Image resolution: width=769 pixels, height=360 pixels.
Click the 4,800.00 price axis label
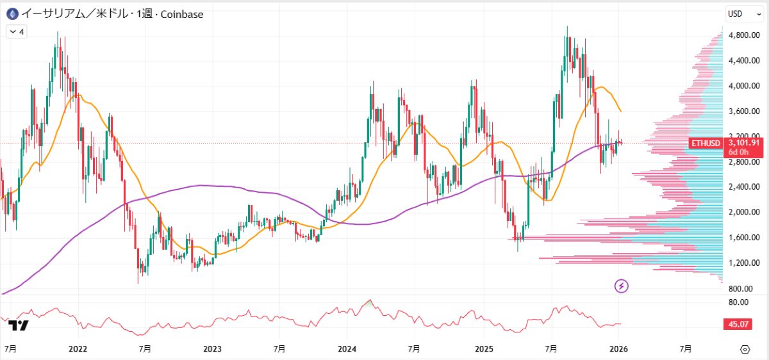[745, 35]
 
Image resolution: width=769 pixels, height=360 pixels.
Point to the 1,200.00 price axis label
[745, 263]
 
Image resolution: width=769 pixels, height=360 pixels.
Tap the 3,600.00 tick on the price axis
[745, 111]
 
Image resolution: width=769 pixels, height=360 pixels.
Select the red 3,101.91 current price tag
[743, 143]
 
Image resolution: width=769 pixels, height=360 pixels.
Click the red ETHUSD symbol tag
[706, 143]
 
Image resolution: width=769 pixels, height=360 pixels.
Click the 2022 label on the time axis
[78, 349]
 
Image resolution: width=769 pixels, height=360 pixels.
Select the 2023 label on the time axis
[212, 349]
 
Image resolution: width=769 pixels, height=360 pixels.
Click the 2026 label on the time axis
[618, 349]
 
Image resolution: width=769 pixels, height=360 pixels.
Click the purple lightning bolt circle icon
[621, 286]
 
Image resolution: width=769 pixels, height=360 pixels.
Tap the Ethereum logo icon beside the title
[12, 13]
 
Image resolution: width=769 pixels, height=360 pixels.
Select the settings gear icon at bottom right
[745, 349]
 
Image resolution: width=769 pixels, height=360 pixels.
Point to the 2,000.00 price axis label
[745, 212]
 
